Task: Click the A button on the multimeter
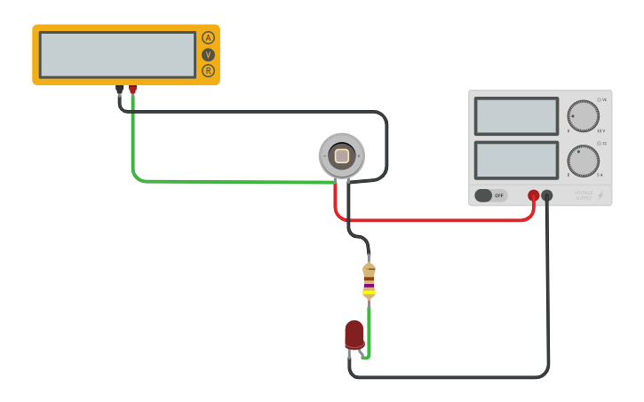click(208, 37)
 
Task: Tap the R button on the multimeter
click(208, 71)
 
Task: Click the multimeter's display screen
click(117, 55)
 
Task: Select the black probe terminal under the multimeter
click(119, 89)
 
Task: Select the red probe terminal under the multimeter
click(132, 89)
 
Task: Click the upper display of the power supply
click(516, 116)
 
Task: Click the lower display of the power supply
click(516, 161)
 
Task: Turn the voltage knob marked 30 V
click(583, 115)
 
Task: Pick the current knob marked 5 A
click(583, 161)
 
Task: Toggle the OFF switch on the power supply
click(489, 195)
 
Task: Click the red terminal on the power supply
click(533, 195)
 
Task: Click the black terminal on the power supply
click(547, 195)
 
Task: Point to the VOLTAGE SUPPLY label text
click(583, 195)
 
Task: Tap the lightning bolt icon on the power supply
click(600, 195)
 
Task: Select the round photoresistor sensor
click(341, 156)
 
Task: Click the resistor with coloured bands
click(369, 280)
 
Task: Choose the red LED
click(354, 335)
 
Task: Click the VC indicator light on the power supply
click(600, 99)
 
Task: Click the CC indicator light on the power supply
click(600, 143)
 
